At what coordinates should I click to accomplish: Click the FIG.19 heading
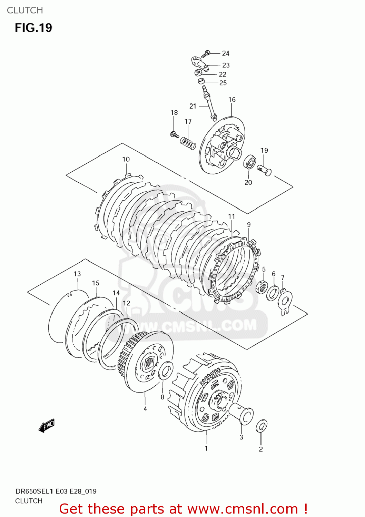33,28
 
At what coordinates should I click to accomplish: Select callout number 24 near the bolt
226,53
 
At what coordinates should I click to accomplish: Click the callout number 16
232,100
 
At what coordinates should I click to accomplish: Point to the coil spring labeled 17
188,143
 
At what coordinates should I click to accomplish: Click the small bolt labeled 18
174,134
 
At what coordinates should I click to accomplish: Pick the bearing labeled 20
249,163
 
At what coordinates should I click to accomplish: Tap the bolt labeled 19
265,170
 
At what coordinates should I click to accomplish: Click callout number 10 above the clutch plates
126,159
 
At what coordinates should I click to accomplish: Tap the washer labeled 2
261,426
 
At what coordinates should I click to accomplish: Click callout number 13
77,274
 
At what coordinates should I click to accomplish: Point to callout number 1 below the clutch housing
206,448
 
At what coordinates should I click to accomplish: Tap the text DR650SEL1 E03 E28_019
56,491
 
